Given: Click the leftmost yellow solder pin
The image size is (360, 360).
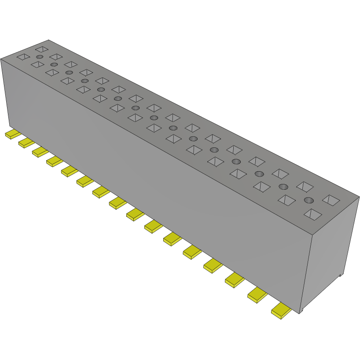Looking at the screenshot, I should (13, 134).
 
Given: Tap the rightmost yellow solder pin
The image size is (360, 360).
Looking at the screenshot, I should (282, 311).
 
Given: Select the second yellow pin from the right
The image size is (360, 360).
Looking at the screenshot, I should (258, 295).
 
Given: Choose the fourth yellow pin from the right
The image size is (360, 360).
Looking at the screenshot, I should (213, 265).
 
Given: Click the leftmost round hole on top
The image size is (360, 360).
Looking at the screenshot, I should (40, 57).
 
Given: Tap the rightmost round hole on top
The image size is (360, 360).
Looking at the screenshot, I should (309, 200).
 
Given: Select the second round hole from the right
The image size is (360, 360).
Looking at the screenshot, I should (283, 187).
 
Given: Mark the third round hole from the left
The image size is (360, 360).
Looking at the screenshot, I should (69, 72).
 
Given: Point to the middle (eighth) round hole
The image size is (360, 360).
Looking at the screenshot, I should (154, 118).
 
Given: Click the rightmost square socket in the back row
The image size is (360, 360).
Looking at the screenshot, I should (331, 200).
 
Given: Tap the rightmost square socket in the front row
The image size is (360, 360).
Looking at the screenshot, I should (313, 214).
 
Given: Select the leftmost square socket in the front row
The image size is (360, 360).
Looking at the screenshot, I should (23, 57).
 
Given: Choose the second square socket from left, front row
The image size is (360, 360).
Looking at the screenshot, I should (37, 65).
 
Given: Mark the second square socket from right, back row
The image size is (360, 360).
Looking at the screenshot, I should (305, 186).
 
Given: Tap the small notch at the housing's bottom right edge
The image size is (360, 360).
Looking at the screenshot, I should (341, 276).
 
